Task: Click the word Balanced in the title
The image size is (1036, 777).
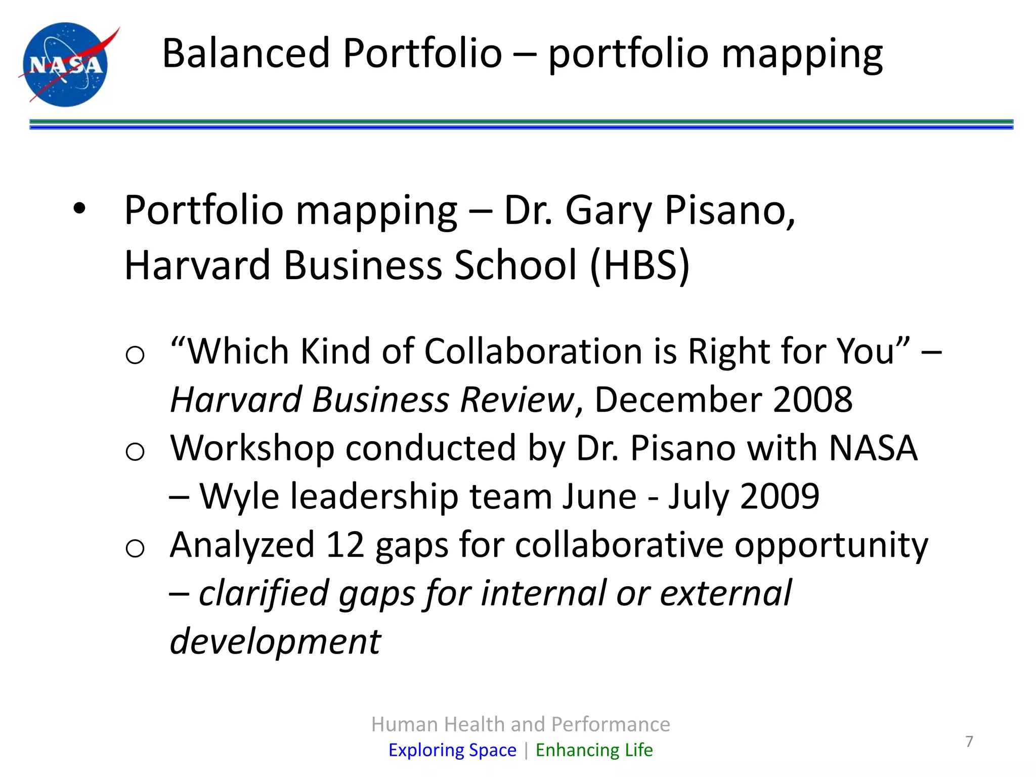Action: coord(246,53)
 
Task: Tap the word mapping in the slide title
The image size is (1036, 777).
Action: coord(802,55)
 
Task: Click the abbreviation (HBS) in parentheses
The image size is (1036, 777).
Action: coord(639,265)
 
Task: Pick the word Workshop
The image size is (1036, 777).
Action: coord(252,448)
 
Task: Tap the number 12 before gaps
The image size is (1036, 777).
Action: coord(344,545)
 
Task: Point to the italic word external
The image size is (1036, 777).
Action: coord(725,593)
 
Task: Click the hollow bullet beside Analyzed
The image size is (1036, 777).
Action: coord(135,548)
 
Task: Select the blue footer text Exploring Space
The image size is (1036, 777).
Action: coord(452,750)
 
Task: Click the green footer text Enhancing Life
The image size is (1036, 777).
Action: coord(594,750)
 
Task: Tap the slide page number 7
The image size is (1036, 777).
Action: coord(969,741)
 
